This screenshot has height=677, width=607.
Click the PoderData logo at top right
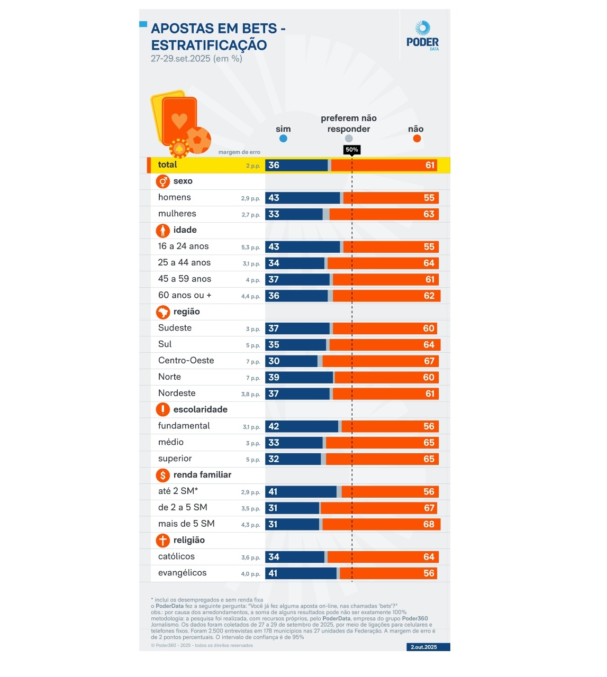(x=422, y=35)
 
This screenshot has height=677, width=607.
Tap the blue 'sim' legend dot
(x=283, y=139)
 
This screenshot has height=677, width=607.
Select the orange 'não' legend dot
(x=416, y=139)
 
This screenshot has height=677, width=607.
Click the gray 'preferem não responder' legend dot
(x=349, y=139)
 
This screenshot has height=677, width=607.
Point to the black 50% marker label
(x=352, y=150)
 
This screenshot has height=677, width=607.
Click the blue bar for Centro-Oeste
(x=291, y=361)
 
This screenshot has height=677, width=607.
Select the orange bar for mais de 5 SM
(x=381, y=524)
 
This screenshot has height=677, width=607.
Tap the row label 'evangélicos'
(x=182, y=573)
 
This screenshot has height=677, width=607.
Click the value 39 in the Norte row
(x=274, y=378)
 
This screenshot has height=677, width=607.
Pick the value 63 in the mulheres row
(x=429, y=214)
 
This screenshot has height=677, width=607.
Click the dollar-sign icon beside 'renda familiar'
(x=163, y=475)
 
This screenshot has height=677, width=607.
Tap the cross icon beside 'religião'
(x=163, y=540)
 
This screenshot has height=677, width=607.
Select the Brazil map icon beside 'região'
(x=163, y=312)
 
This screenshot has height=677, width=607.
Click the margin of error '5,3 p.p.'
(x=250, y=248)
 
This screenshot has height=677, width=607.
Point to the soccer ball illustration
(x=199, y=140)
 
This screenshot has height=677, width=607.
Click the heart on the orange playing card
(x=179, y=120)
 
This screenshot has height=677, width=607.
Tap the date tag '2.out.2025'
(x=423, y=647)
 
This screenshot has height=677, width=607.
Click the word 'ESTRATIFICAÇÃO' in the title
(x=209, y=45)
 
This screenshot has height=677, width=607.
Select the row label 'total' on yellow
(x=167, y=165)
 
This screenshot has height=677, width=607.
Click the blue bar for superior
(x=293, y=459)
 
